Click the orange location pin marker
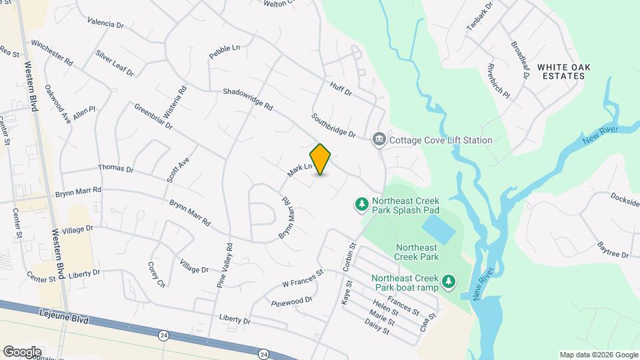click(321, 159)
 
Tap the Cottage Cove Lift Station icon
click(379, 140)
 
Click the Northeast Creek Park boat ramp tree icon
click(449, 283)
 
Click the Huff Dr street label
click(341, 89)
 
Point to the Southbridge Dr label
click(333, 125)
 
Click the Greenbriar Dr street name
click(153, 116)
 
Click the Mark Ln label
click(300, 171)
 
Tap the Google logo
click(21, 351)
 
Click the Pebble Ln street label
click(224, 52)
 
